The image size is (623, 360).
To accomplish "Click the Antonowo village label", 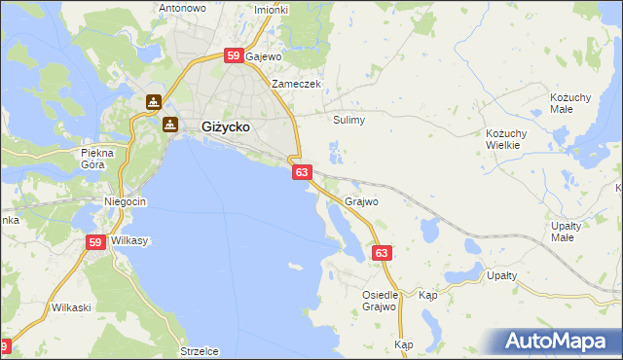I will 182,8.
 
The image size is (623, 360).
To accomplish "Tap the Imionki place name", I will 271,10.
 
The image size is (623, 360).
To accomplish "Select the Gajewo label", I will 263,56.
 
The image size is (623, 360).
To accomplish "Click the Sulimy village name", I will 348,121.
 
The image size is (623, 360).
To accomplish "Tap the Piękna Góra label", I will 98,159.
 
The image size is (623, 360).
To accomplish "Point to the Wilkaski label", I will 71,307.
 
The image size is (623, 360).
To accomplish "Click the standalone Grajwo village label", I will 361,202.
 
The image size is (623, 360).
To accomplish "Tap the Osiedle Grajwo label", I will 379,301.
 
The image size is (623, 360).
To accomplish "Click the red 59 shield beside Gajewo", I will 233,56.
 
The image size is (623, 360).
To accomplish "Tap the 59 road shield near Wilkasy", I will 95,243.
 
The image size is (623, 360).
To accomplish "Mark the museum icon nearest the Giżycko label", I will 170,125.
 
